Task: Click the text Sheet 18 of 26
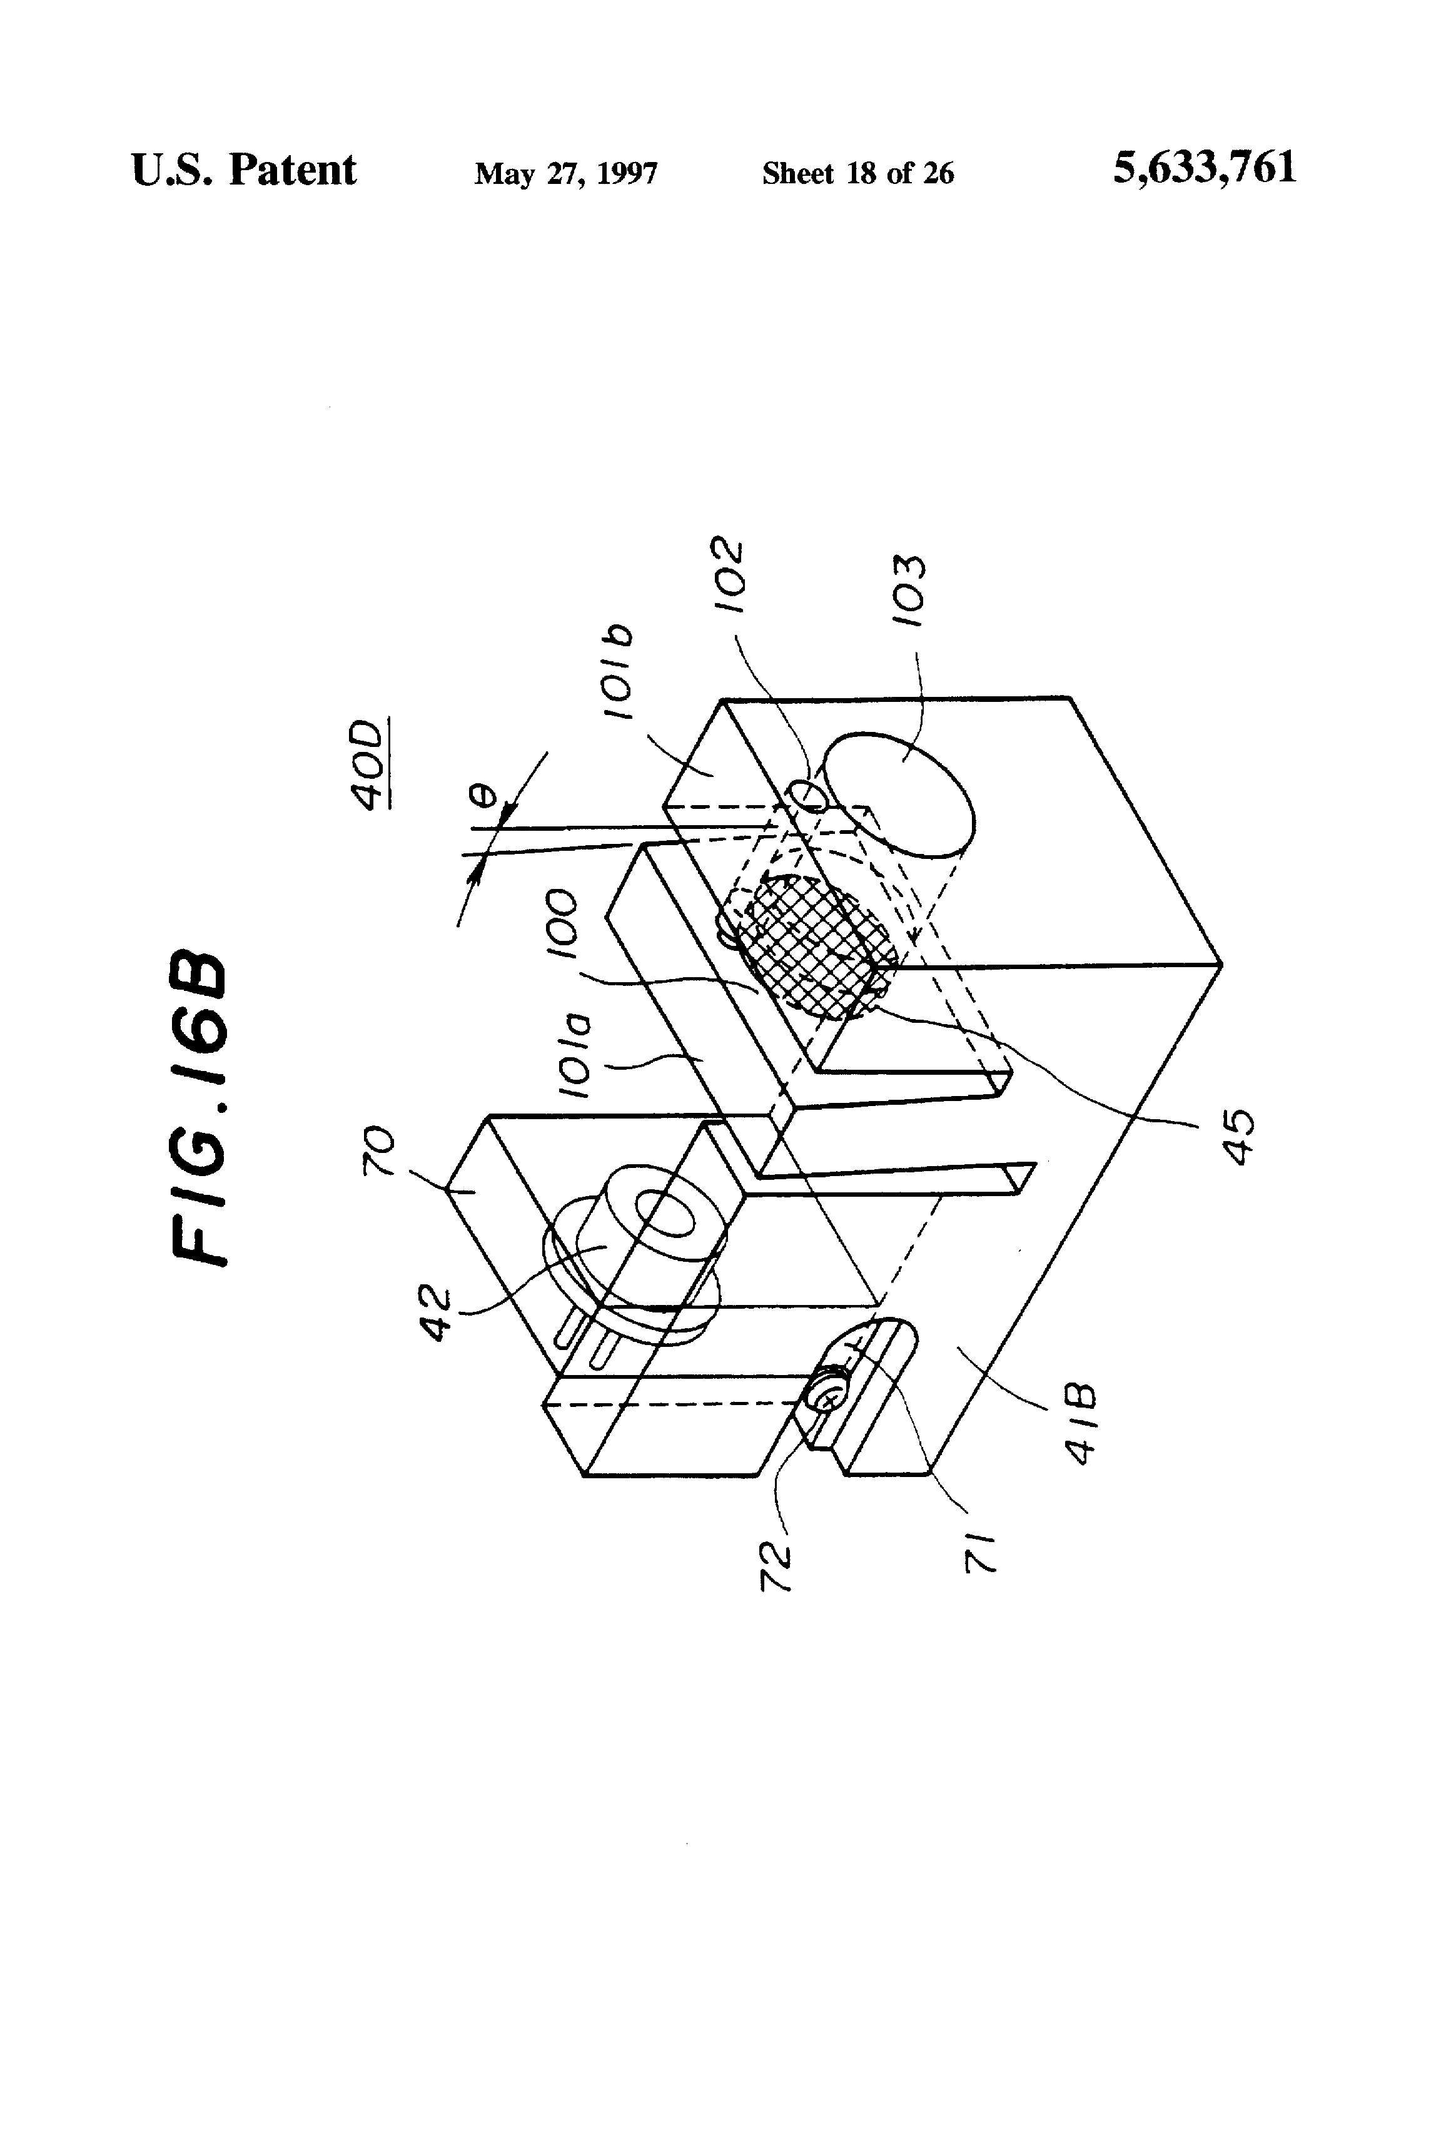[857, 173]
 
